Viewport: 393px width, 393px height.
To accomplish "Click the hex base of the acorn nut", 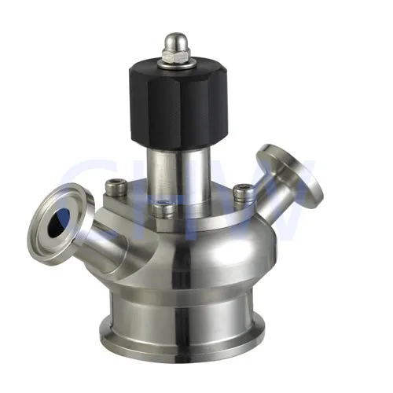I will coord(172,55).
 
